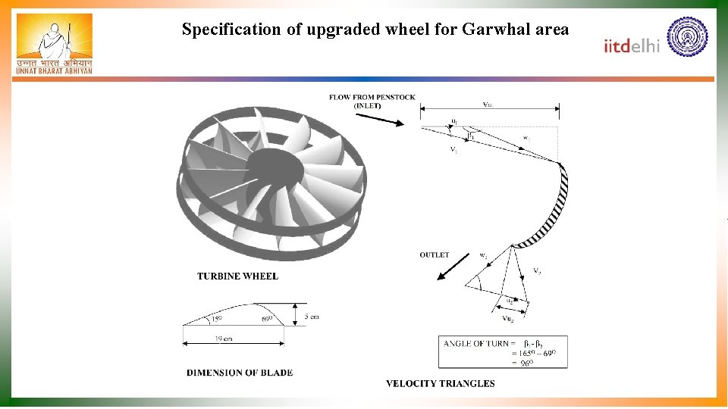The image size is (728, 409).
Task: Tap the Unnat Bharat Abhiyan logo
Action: pos(54,44)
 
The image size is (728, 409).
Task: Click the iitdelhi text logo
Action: pos(632,46)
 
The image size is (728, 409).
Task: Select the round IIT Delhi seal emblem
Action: pos(687,36)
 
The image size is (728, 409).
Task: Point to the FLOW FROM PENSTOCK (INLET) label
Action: pos(372,101)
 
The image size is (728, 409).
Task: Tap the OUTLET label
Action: pos(435,255)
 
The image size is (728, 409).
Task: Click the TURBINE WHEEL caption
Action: pos(237,276)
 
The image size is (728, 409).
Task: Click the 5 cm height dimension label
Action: pos(311,316)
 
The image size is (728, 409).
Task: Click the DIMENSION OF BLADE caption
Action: pos(240,373)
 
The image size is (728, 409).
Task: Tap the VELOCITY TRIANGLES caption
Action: pos(440,383)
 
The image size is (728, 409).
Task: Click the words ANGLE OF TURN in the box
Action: pos(476,344)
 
